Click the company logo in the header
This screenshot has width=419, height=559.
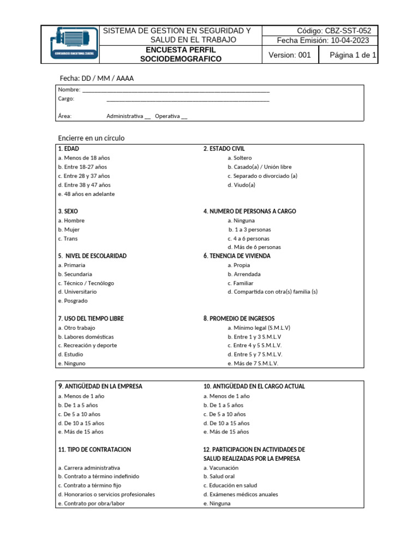coord(71,44)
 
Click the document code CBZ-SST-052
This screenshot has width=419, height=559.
coord(333,31)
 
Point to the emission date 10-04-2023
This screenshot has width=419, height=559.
coord(349,40)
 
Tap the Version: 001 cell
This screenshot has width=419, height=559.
coord(290,55)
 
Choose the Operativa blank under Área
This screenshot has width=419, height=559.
coord(184,116)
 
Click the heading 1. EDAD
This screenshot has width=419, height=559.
coord(68,148)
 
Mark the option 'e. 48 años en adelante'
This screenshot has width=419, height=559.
coord(86,194)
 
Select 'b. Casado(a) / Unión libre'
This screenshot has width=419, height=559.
coord(260,166)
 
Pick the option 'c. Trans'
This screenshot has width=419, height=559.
coord(68,239)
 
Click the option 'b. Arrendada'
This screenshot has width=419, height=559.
coord(244,274)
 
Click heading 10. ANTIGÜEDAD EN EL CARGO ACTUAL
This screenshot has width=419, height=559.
coord(254,386)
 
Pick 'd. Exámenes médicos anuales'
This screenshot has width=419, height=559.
coord(241,494)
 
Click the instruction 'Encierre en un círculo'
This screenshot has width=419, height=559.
coord(91,138)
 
